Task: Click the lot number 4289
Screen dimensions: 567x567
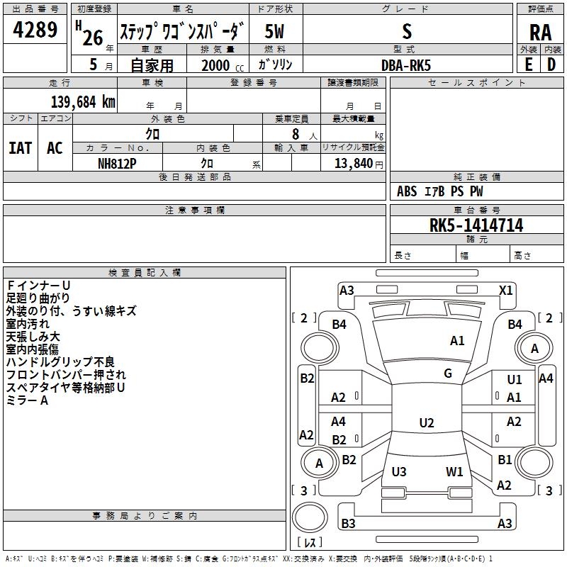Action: (35, 30)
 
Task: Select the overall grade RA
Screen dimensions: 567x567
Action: (540, 33)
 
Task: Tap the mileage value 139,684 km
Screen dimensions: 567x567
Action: (83, 102)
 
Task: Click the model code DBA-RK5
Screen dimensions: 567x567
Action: (406, 65)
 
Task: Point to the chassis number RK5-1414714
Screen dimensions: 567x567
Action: (476, 225)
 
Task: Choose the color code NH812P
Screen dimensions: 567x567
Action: (117, 164)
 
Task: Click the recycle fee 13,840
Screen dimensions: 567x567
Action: (353, 164)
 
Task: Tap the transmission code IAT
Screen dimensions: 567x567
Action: (21, 148)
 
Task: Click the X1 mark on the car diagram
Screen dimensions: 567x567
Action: (505, 291)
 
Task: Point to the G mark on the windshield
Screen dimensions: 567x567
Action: (448, 374)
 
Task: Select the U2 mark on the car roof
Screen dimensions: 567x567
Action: (427, 422)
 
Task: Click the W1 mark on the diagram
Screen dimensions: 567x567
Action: (454, 471)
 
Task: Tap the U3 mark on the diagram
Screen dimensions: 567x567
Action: (399, 471)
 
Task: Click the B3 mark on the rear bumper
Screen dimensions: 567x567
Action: (348, 523)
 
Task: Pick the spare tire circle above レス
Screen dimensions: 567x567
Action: (310, 517)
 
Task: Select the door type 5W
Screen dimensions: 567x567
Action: (274, 31)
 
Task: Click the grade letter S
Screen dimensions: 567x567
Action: (407, 31)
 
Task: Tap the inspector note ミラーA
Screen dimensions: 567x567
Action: (27, 400)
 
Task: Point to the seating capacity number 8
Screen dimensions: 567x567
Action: (296, 134)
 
